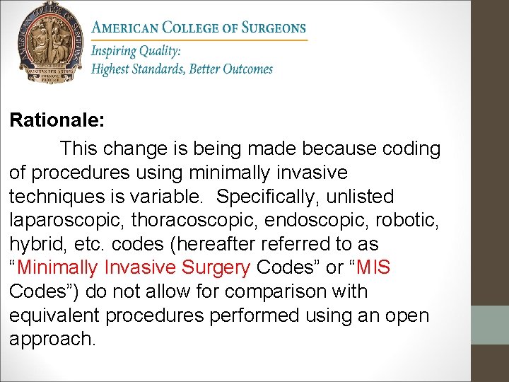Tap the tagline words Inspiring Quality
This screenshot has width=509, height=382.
pos(136,52)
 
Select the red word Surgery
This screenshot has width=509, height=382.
pos(215,267)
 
